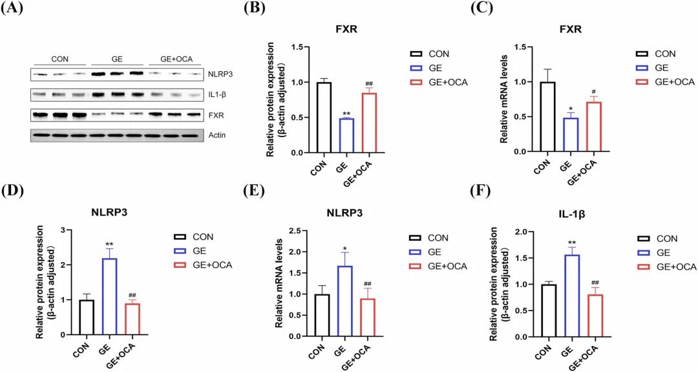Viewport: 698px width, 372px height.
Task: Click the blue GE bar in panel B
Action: [x=346, y=136]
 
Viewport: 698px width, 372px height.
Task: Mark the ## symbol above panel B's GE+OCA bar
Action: [x=370, y=84]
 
